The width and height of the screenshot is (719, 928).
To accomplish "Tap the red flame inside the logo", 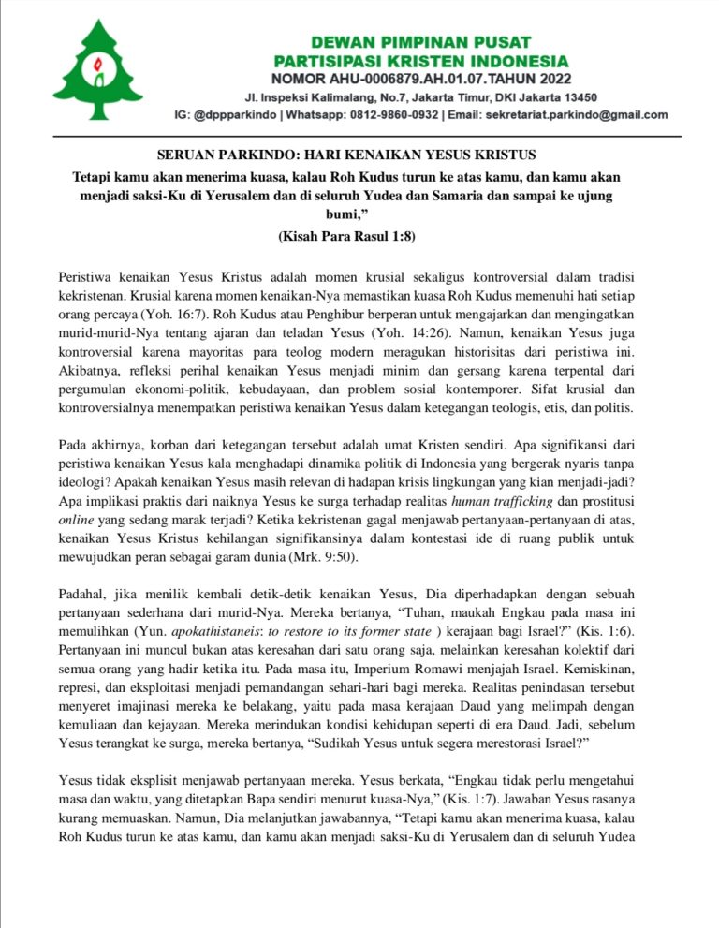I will coord(98,68).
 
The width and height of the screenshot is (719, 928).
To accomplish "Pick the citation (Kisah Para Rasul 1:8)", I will coord(346,237).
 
